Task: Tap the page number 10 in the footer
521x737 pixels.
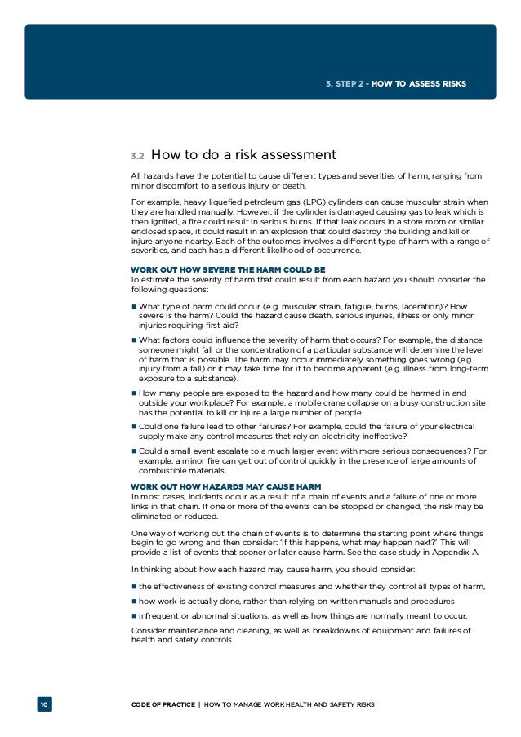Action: pyautogui.click(x=44, y=704)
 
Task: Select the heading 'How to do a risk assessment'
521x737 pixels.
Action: pyautogui.click(x=244, y=154)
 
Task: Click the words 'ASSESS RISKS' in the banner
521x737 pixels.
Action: pyautogui.click(x=439, y=83)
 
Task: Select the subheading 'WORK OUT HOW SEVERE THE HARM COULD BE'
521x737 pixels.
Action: pyautogui.click(x=228, y=269)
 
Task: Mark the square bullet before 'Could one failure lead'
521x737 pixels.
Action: pyautogui.click(x=134, y=425)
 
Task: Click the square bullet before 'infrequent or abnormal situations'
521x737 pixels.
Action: pyautogui.click(x=134, y=615)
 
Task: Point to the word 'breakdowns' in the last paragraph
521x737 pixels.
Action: pyautogui.click(x=316, y=630)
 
